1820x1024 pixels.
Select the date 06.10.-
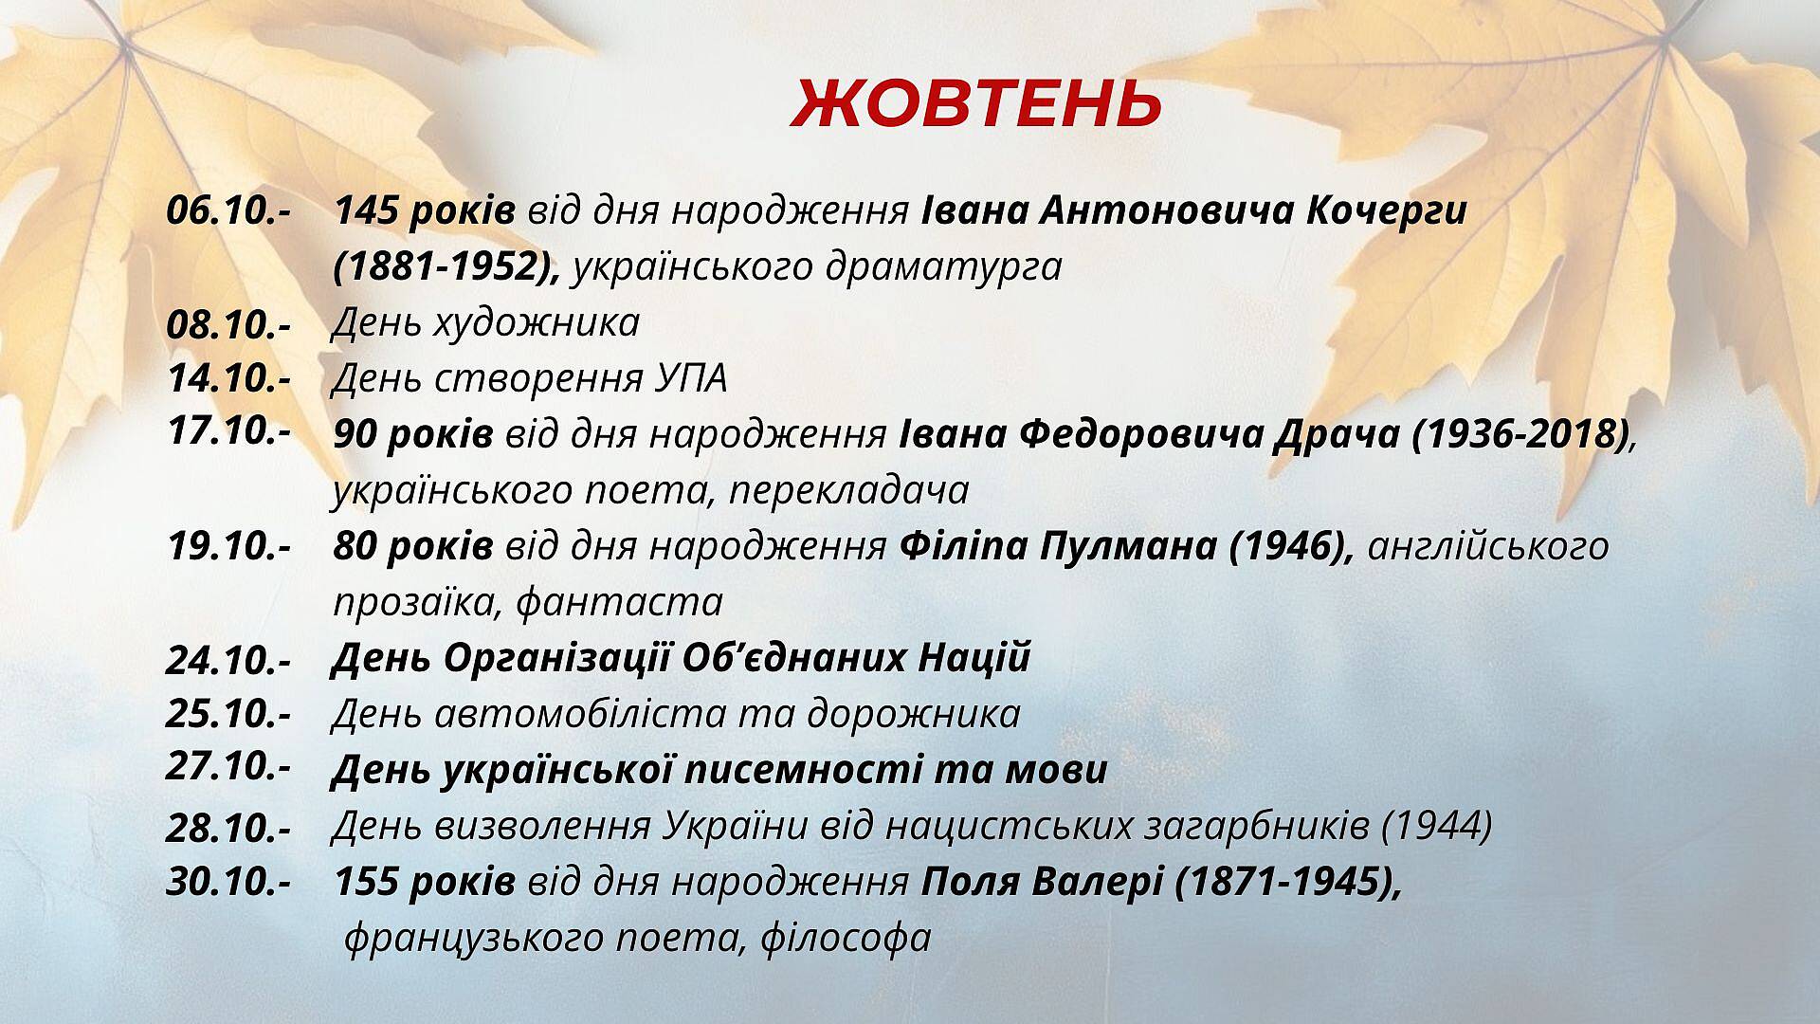tap(228, 210)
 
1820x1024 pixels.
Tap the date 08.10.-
tap(228, 324)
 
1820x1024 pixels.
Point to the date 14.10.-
tap(228, 378)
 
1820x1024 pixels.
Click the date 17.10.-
tap(228, 430)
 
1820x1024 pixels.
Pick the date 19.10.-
tap(228, 546)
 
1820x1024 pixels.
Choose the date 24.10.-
tap(228, 660)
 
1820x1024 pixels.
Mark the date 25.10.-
tap(228, 714)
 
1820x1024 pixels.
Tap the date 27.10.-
tap(228, 766)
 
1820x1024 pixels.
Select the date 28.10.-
tap(228, 829)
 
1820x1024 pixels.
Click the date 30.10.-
tap(228, 883)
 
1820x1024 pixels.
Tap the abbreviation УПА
tap(691, 379)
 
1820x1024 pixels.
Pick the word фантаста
tap(620, 603)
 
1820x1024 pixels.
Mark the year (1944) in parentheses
tap(1437, 827)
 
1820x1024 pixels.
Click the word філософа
tap(846, 939)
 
